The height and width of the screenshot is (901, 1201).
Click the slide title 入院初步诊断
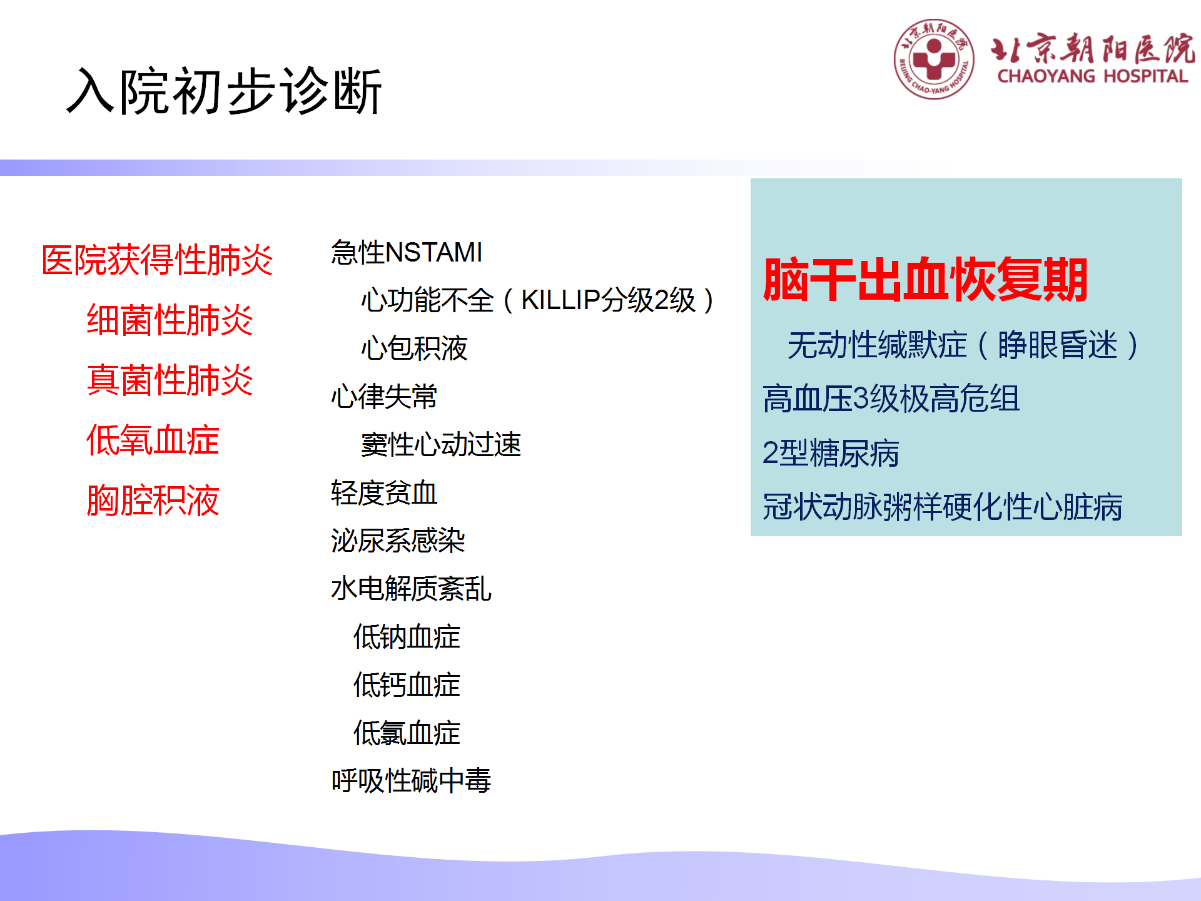224,91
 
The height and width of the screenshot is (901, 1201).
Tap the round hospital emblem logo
934,59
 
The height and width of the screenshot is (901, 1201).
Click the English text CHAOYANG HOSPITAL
1092,76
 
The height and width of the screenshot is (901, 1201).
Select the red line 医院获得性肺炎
157,260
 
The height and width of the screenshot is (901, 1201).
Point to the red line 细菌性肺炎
170,320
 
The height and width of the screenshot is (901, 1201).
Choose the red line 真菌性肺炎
170,380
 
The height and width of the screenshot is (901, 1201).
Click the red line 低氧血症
153,440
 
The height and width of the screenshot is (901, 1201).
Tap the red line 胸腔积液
153,500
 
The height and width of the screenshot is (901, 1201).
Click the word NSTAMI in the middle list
434,253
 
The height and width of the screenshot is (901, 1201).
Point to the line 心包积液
414,349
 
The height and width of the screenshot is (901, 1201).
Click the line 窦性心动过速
441,445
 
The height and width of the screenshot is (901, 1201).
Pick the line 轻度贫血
384,493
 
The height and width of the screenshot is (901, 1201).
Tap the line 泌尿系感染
398,541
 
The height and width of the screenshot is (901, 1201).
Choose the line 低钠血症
407,637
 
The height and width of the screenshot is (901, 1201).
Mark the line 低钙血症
407,685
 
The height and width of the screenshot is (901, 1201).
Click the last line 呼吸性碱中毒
412,781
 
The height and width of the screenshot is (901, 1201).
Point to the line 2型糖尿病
831,453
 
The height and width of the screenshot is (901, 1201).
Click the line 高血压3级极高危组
891,399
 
